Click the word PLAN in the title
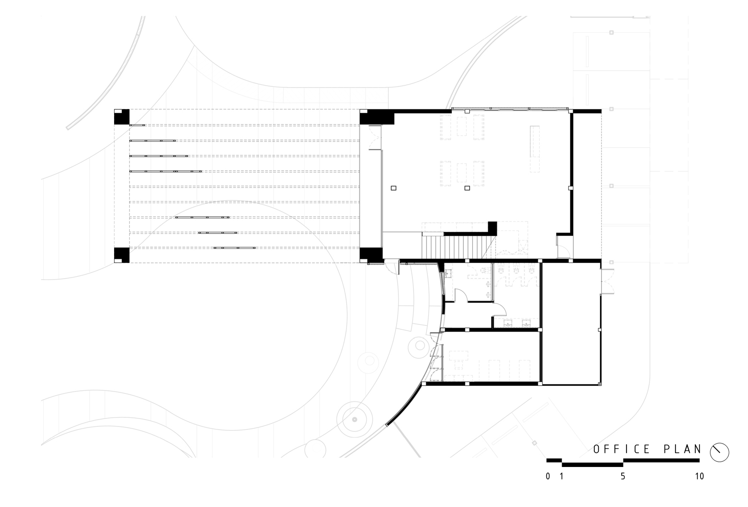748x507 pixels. click(683, 449)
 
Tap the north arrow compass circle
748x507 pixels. click(720, 452)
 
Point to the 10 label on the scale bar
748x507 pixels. click(699, 476)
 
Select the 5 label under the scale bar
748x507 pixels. click(623, 476)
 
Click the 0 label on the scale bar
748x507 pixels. click(548, 476)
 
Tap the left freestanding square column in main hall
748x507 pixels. click(393, 188)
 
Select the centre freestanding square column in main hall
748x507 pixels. click(467, 188)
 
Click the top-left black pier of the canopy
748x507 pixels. click(122, 117)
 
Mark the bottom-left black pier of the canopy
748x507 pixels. click(122, 255)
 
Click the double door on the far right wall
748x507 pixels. click(607, 281)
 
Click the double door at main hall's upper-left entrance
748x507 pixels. click(375, 137)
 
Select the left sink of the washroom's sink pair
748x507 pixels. click(508, 323)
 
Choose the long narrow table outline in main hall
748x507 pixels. click(534, 149)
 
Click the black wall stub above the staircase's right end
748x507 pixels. click(492, 228)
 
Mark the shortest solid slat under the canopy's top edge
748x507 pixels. click(137, 125)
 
